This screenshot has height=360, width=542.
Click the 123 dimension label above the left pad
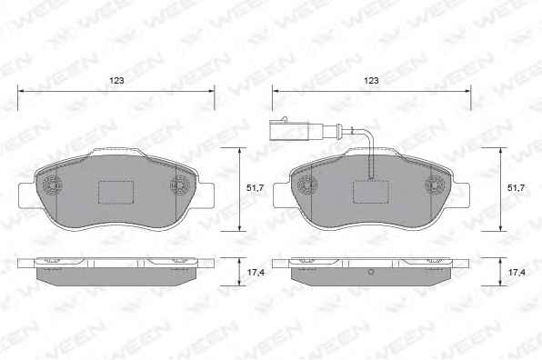[x=116, y=81]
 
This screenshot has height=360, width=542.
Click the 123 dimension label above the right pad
[x=371, y=81]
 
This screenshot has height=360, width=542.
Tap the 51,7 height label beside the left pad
[x=256, y=188]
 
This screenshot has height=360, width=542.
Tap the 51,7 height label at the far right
[x=516, y=188]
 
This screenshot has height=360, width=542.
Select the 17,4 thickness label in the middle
[x=256, y=272]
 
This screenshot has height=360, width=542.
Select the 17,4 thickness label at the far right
[x=517, y=272]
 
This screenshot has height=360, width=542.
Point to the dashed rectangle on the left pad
[x=116, y=192]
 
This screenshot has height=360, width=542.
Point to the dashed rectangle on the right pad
[x=370, y=192]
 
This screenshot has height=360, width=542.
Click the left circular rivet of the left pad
[x=51, y=185]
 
